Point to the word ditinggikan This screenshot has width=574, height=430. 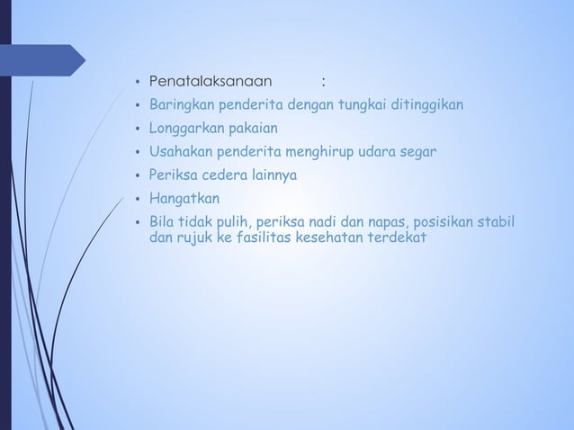click(x=431, y=105)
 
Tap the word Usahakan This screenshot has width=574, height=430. click(x=180, y=151)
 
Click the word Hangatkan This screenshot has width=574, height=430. click(x=183, y=198)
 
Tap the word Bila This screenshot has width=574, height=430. click(x=161, y=221)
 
